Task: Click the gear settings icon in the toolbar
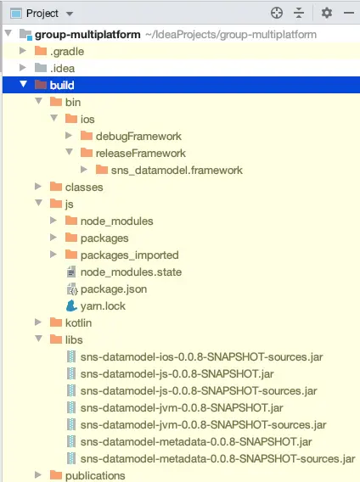pyautogui.click(x=326, y=13)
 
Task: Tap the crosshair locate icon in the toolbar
pyautogui.click(x=277, y=13)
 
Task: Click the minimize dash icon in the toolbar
pyautogui.click(x=349, y=13)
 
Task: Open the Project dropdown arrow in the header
pyautogui.click(x=70, y=14)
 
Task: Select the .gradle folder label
pyautogui.click(x=67, y=51)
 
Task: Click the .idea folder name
pyautogui.click(x=62, y=68)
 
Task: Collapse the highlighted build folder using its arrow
pyautogui.click(x=24, y=84)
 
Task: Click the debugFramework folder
pyautogui.click(x=138, y=136)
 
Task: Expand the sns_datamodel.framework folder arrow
pyautogui.click(x=84, y=170)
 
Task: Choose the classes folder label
pyautogui.click(x=84, y=188)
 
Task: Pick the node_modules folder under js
pyautogui.click(x=116, y=221)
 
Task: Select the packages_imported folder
pyautogui.click(x=130, y=255)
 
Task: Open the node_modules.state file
pyautogui.click(x=131, y=272)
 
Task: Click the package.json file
pyautogui.click(x=114, y=289)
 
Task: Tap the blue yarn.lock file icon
pyautogui.click(x=71, y=305)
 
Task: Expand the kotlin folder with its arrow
pyautogui.click(x=38, y=322)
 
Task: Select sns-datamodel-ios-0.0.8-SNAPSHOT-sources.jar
pyautogui.click(x=201, y=357)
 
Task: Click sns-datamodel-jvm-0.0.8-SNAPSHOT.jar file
pyautogui.click(x=182, y=408)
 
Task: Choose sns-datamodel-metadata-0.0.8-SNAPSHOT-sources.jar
pyautogui.click(x=217, y=458)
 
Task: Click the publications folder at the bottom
pyautogui.click(x=95, y=475)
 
